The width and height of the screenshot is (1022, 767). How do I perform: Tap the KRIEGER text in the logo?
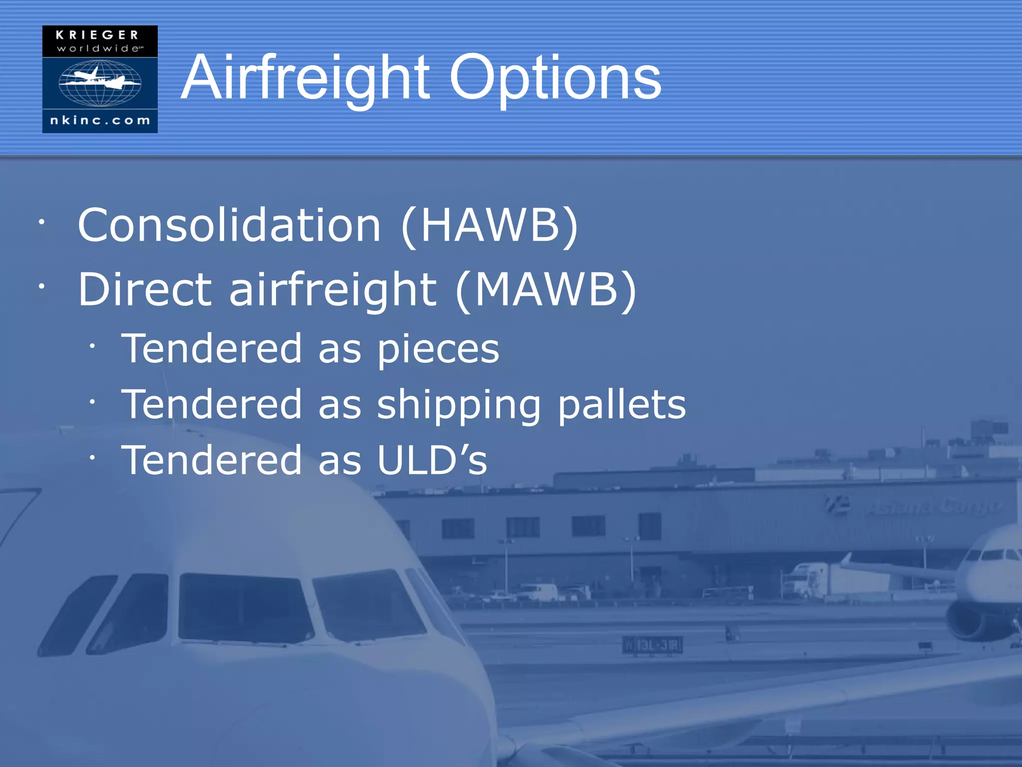click(97, 35)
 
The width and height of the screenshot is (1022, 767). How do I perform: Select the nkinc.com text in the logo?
click(100, 120)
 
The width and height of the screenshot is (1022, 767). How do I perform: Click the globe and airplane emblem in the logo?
click(100, 82)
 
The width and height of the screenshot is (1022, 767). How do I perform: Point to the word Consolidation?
click(230, 225)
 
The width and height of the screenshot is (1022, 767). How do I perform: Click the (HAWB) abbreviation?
click(490, 225)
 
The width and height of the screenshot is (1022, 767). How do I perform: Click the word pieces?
click(438, 349)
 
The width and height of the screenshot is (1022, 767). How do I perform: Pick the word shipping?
click(459, 405)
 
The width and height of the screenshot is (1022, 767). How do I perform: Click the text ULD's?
click(432, 460)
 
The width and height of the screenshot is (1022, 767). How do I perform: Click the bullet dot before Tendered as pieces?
click(92, 346)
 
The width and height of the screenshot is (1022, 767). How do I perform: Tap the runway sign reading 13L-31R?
click(652, 645)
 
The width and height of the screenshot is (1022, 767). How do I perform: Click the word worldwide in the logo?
click(99, 48)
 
